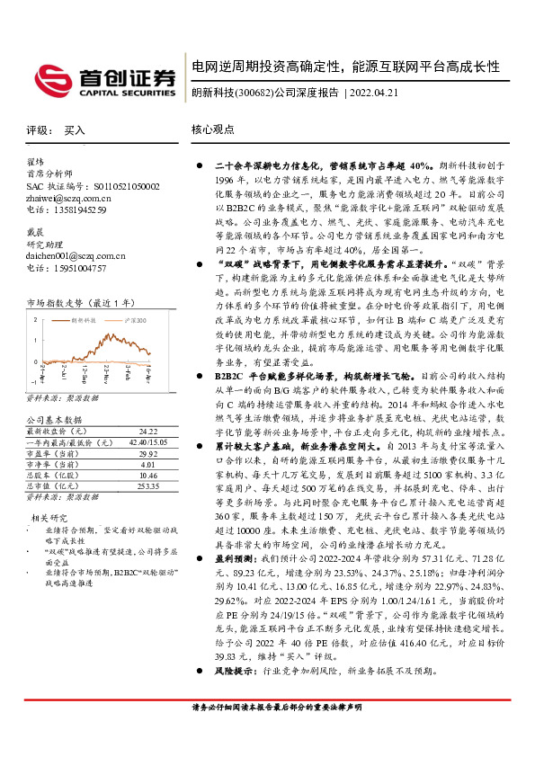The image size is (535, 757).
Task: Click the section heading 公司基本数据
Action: (55, 420)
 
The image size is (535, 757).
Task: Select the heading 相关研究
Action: (50, 518)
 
